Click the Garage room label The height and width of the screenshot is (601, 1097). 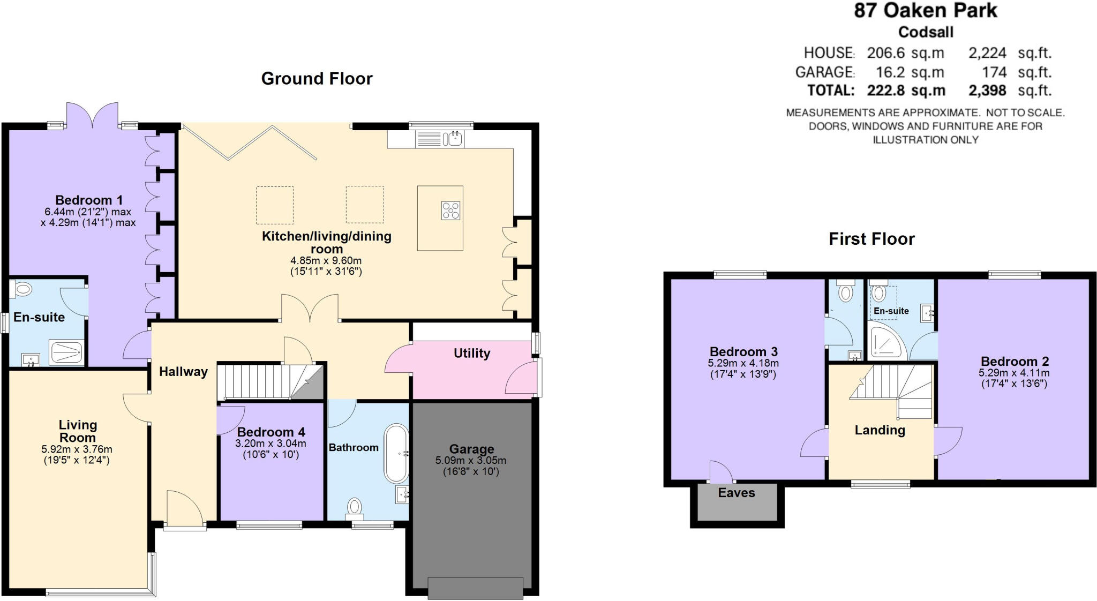471,449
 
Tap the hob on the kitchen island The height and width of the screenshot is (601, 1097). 450,210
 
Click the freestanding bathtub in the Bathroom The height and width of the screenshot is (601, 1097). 396,454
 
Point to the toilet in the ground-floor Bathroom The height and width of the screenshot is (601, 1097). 354,508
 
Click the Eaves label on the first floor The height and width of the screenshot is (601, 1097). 737,493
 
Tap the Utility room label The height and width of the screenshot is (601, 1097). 472,353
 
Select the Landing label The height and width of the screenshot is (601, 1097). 880,430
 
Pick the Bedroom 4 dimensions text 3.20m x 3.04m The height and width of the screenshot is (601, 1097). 271,444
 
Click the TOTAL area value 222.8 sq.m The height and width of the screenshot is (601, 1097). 906,91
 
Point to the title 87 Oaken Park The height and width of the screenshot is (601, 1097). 926,11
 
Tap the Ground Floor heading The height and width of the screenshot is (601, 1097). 317,79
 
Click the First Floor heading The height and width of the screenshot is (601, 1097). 871,239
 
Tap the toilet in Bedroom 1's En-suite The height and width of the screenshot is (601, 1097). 22,290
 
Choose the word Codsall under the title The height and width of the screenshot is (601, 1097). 926,32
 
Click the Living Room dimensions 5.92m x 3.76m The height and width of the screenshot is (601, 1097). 77,449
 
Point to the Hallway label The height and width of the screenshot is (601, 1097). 183,371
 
